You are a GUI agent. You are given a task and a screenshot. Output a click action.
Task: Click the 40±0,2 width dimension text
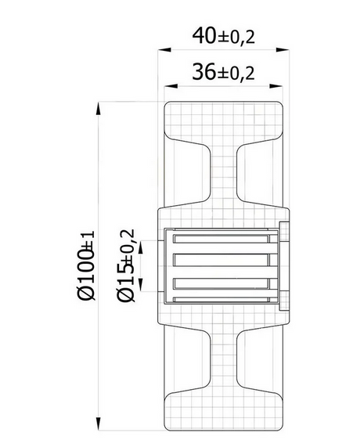pyautogui.click(x=223, y=36)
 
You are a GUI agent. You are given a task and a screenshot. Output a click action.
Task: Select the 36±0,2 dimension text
pyautogui.click(x=223, y=72)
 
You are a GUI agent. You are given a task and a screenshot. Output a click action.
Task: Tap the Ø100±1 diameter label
pyautogui.click(x=86, y=265)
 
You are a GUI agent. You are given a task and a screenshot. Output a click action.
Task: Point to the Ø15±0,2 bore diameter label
pyautogui.click(x=125, y=265)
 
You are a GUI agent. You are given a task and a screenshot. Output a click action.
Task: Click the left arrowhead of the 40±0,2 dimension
pyautogui.click(x=164, y=50)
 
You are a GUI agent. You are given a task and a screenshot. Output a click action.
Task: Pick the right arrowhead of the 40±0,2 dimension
pyautogui.click(x=283, y=50)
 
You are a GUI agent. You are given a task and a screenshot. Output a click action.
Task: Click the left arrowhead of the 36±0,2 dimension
pyautogui.click(x=171, y=86)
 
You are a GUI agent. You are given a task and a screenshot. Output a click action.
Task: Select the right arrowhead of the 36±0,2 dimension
pyautogui.click(x=276, y=86)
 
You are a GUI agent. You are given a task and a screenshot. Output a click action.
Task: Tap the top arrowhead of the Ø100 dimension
pyautogui.click(x=99, y=108)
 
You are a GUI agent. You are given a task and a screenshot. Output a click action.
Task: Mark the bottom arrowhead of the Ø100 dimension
pyautogui.click(x=99, y=424)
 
